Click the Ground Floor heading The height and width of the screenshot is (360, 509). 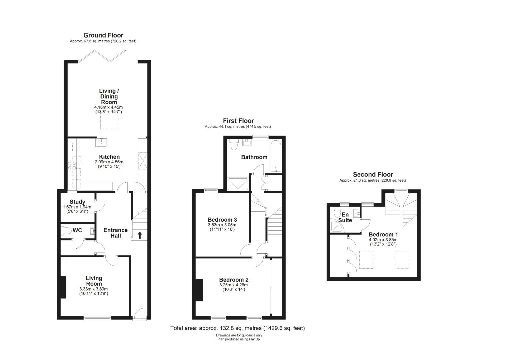[x=103, y=35]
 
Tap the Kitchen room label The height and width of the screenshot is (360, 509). [x=109, y=157]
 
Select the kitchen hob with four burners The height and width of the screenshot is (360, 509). [x=72, y=166]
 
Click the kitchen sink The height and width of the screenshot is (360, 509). [x=101, y=143]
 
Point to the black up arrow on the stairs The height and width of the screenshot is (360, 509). [x=140, y=235]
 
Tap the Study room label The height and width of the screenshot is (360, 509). [x=77, y=202]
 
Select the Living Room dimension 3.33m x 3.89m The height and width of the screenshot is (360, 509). [x=93, y=289]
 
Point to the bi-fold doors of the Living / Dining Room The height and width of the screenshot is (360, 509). [x=102, y=56]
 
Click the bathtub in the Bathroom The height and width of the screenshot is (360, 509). [x=275, y=156]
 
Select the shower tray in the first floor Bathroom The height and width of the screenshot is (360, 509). [x=238, y=184]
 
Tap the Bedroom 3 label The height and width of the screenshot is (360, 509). [x=222, y=220]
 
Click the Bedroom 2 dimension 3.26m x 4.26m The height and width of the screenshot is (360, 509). [x=234, y=285]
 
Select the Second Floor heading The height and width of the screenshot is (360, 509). [x=373, y=174]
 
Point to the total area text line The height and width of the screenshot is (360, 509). [x=238, y=328]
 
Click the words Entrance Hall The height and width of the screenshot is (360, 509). [x=116, y=233]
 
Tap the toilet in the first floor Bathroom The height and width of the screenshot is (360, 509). [x=234, y=145]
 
